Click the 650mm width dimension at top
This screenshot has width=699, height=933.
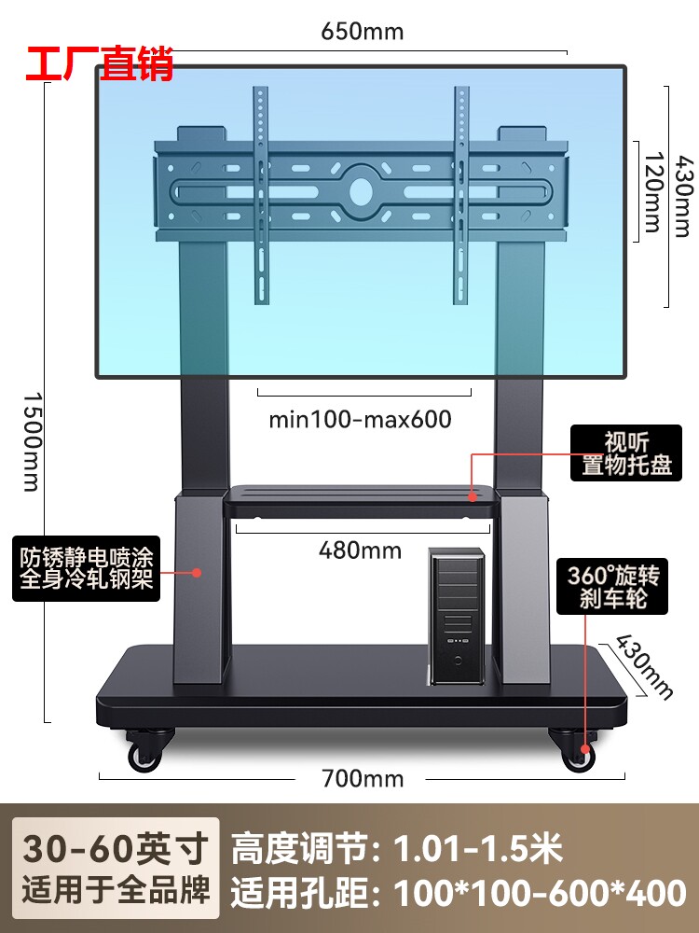click(363, 31)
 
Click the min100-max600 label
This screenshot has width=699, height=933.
click(360, 419)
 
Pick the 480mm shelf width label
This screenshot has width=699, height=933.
click(360, 550)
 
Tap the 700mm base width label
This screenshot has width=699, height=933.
click(363, 778)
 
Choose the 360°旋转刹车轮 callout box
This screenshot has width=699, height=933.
click(613, 587)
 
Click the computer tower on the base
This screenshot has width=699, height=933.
click(456, 616)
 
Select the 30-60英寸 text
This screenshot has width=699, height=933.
click(115, 850)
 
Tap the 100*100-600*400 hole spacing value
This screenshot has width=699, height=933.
click(540, 894)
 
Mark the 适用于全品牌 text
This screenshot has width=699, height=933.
click(115, 894)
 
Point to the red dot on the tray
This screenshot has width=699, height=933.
click(472, 498)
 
